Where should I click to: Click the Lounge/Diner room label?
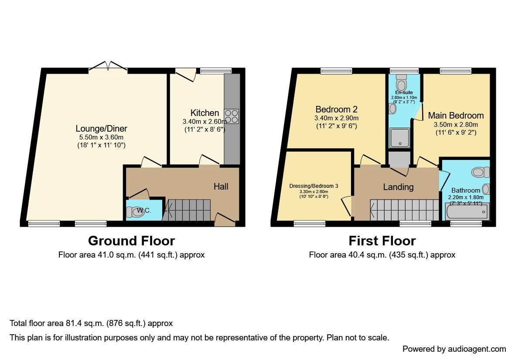101,129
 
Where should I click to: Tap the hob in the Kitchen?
232,115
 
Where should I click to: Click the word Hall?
221,187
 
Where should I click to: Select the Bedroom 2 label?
336,109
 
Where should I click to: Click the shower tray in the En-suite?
399,138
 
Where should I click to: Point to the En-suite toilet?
401,83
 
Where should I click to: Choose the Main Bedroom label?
456,115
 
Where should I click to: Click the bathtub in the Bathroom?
467,212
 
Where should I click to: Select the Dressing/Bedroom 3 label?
314,186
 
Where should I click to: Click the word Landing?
398,187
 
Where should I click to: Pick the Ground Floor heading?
131,241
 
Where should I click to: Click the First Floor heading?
382,241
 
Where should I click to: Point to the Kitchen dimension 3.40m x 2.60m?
205,122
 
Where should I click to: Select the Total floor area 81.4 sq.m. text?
91,323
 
